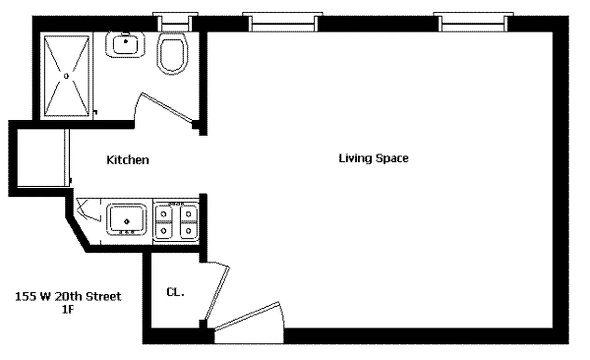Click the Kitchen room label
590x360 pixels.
[127, 160]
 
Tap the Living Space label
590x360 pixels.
[374, 158]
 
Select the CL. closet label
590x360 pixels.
[176, 292]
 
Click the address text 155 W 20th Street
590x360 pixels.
[68, 297]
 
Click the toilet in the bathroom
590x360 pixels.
[172, 54]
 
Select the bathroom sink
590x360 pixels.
[126, 45]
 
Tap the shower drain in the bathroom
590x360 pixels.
[66, 76]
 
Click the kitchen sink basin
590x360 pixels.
[126, 219]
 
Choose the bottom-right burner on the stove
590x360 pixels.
[189, 231]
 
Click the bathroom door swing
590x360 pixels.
[167, 108]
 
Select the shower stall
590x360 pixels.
[66, 76]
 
